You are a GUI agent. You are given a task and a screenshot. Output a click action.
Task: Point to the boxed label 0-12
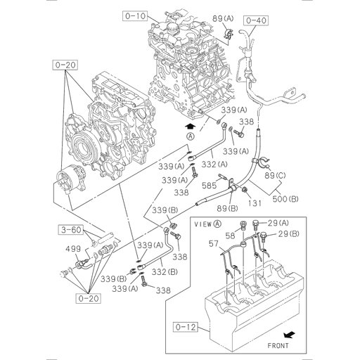pyautogui.click(x=184, y=326)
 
